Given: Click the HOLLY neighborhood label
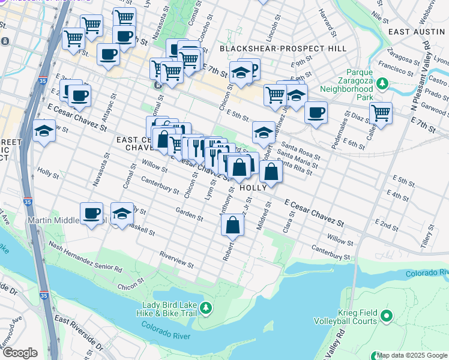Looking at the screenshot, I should (x=253, y=188).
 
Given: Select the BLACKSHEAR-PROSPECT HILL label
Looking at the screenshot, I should (x=283, y=48).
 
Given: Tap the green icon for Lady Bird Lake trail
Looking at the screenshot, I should (x=205, y=308).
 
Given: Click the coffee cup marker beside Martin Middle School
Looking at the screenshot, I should (x=91, y=214).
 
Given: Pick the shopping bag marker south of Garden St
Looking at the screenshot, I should (x=232, y=226).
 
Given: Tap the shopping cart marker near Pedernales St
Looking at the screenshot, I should (x=381, y=112).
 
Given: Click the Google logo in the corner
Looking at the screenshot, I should (x=19, y=353).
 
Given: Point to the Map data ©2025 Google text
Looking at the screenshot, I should (x=412, y=355).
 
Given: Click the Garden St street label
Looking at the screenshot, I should (x=189, y=213).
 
